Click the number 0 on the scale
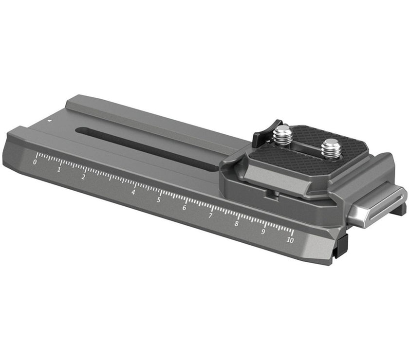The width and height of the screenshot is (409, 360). point(35,162)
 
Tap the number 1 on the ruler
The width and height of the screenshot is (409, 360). point(59,170)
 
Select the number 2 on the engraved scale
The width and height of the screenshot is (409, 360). point(83,177)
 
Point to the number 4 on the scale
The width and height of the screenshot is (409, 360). point(133,192)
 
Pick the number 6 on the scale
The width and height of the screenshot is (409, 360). point(184,208)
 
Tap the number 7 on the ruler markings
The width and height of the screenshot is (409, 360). point(210,216)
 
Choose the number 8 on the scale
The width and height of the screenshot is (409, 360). point(236,224)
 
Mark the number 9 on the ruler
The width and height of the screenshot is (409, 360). point(263,232)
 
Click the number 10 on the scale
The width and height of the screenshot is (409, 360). point(290,240)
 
